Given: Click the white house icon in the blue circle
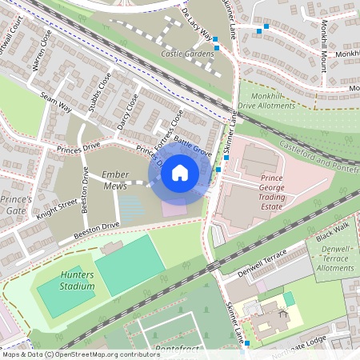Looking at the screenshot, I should point(180,172).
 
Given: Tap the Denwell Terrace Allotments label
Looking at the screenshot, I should point(336,260).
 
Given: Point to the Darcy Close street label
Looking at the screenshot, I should point(127,110).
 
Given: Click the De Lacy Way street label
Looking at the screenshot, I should point(198,26).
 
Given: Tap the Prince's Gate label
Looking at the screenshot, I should point(16,203).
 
